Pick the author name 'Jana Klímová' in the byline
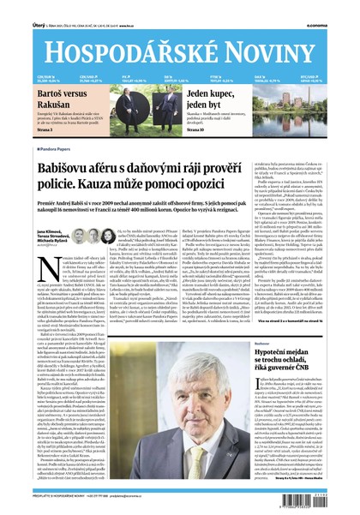point(48,232)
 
